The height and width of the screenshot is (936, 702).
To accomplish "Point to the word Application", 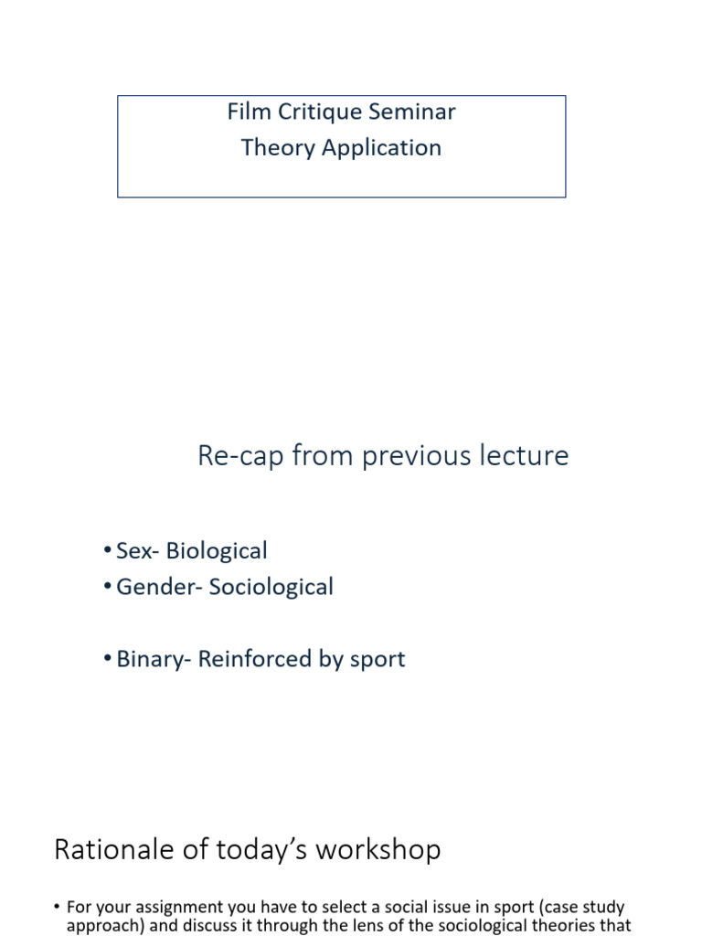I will click(x=376, y=148).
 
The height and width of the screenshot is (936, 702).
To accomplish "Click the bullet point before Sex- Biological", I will click(x=109, y=551).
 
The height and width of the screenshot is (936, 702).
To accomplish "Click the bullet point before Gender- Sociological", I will click(x=109, y=587).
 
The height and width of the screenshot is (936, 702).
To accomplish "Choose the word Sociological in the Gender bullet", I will click(x=271, y=587).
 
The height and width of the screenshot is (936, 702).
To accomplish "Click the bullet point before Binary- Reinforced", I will click(x=109, y=659).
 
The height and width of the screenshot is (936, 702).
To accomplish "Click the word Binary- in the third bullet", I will click(x=151, y=659).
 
